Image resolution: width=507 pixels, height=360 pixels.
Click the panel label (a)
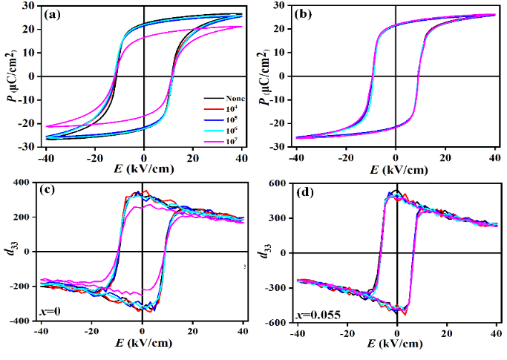pos(58,15)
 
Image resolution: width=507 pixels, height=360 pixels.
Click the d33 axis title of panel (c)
pos(10,251)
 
